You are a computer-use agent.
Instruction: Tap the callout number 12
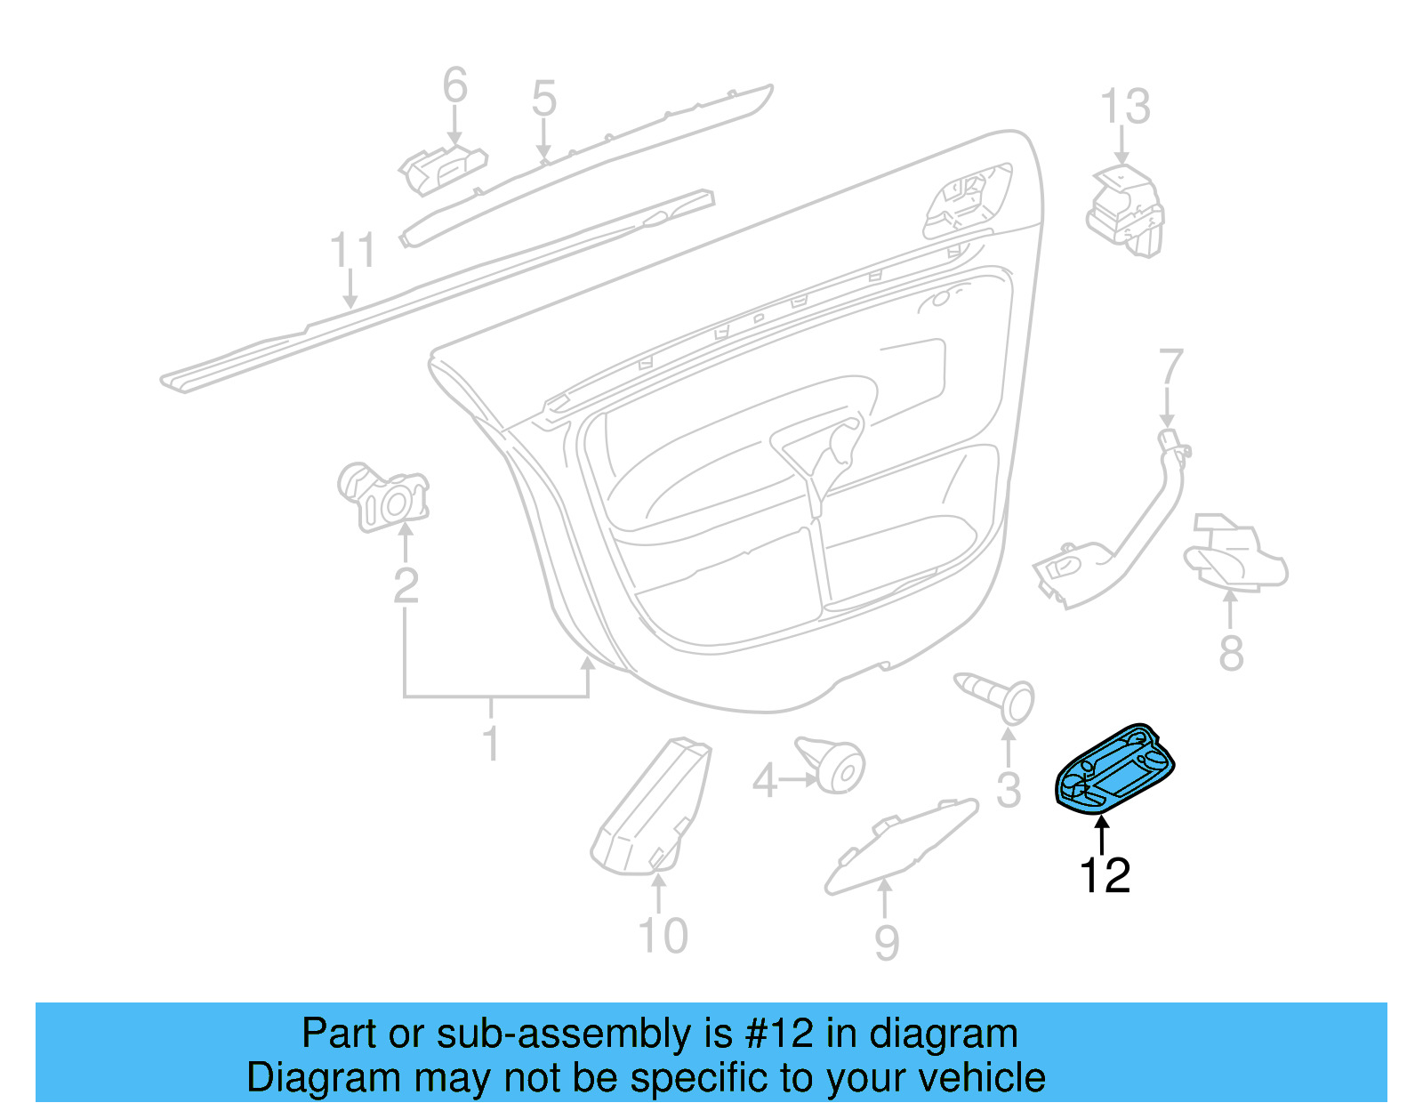tap(1105, 875)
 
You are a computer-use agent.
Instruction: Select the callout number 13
tap(1125, 107)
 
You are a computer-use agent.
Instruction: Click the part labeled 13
tap(1124, 210)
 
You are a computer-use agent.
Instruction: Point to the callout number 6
tap(454, 85)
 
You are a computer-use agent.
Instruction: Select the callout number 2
tap(406, 585)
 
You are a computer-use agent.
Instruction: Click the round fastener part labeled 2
tap(383, 497)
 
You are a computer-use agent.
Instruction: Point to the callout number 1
tap(490, 743)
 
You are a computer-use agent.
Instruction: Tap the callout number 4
tap(765, 782)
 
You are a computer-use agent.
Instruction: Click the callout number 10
tap(663, 936)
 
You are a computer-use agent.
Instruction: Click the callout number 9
tap(886, 943)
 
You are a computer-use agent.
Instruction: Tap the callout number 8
tap(1231, 654)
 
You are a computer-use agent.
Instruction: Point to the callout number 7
tap(1170, 368)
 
